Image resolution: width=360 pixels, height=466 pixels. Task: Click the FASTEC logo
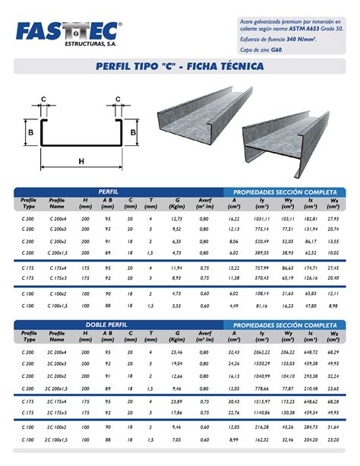66,31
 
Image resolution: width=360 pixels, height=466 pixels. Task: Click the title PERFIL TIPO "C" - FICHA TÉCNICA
179,67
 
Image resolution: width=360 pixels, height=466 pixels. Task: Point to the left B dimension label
30,132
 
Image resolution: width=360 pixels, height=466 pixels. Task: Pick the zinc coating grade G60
278,49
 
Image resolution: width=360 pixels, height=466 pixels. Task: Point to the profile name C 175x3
57,278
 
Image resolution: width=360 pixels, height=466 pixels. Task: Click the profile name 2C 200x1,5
57,387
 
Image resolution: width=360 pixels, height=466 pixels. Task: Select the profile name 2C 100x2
57,428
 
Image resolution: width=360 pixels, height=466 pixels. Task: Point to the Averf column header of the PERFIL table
204,203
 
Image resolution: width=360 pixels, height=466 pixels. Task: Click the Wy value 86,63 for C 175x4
287,268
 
